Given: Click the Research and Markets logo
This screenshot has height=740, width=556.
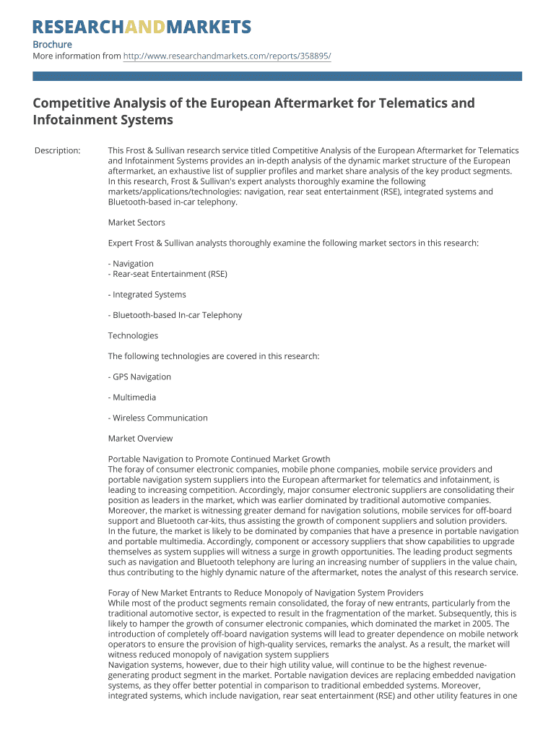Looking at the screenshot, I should coord(142,27).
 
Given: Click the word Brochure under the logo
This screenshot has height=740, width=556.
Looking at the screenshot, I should coord(53,45).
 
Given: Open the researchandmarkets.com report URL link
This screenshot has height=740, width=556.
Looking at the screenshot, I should coord(227,56).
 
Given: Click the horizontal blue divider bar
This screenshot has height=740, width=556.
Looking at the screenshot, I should coord(277,76).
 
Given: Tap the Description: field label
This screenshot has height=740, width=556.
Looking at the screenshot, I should coord(58,150).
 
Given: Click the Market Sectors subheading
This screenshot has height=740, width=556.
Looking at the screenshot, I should coord(136,223).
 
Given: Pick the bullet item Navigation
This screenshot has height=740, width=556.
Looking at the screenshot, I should coord(133,264).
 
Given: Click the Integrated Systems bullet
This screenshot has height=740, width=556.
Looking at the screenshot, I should coord(149,295).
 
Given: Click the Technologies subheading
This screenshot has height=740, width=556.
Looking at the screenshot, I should coord(133,335).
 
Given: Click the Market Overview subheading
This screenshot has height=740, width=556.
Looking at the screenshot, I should coord(140,438).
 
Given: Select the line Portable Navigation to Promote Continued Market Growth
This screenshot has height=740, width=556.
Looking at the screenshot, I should coord(219,459).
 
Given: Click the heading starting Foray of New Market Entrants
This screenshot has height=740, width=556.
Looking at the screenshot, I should coord(265,593).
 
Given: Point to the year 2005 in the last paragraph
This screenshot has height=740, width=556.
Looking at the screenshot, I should coord(482,624).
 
